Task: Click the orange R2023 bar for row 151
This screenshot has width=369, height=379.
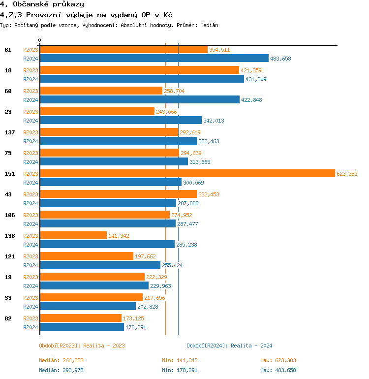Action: tap(187, 173)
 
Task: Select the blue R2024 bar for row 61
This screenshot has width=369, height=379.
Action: tap(154, 58)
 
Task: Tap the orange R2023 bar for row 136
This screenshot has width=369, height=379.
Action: tap(73, 235)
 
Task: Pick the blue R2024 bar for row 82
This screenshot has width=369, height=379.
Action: tap(82, 327)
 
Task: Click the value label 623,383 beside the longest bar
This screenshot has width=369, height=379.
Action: tap(347, 174)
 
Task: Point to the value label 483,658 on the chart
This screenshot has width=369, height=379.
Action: tap(280, 59)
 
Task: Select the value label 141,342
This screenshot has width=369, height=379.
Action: tap(119, 236)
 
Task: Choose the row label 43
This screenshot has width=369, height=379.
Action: tap(8, 194)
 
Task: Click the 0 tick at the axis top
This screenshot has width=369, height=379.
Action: tap(40, 40)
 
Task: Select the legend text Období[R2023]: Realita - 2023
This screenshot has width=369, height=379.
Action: tap(82, 346)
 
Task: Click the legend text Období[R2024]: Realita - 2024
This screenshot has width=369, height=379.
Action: tap(229, 346)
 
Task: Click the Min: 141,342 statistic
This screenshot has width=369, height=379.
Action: tap(180, 360)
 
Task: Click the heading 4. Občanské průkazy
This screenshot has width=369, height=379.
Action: tap(42, 4)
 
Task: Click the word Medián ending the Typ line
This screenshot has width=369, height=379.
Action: tap(209, 25)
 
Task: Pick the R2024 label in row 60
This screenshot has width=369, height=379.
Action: tap(31, 100)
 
